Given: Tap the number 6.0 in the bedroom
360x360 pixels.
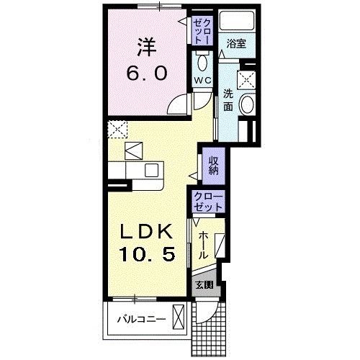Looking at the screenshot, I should pos(148,73).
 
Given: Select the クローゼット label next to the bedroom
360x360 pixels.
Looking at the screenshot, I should pos(201,32).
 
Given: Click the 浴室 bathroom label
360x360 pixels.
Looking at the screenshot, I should pos(235,44).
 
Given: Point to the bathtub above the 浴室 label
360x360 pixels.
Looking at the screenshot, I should pos(237,22).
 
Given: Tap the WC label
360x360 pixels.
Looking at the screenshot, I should pos(201,80).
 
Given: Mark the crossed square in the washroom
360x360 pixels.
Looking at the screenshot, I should pos(248,79).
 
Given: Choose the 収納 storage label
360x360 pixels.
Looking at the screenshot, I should pos(213,166).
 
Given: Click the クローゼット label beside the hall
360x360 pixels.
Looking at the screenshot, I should pos(208,202).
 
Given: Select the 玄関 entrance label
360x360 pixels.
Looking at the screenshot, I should pos(204,284).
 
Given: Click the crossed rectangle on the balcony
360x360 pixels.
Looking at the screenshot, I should pos(179,316).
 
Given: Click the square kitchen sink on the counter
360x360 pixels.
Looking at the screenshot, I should pos(153,170).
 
